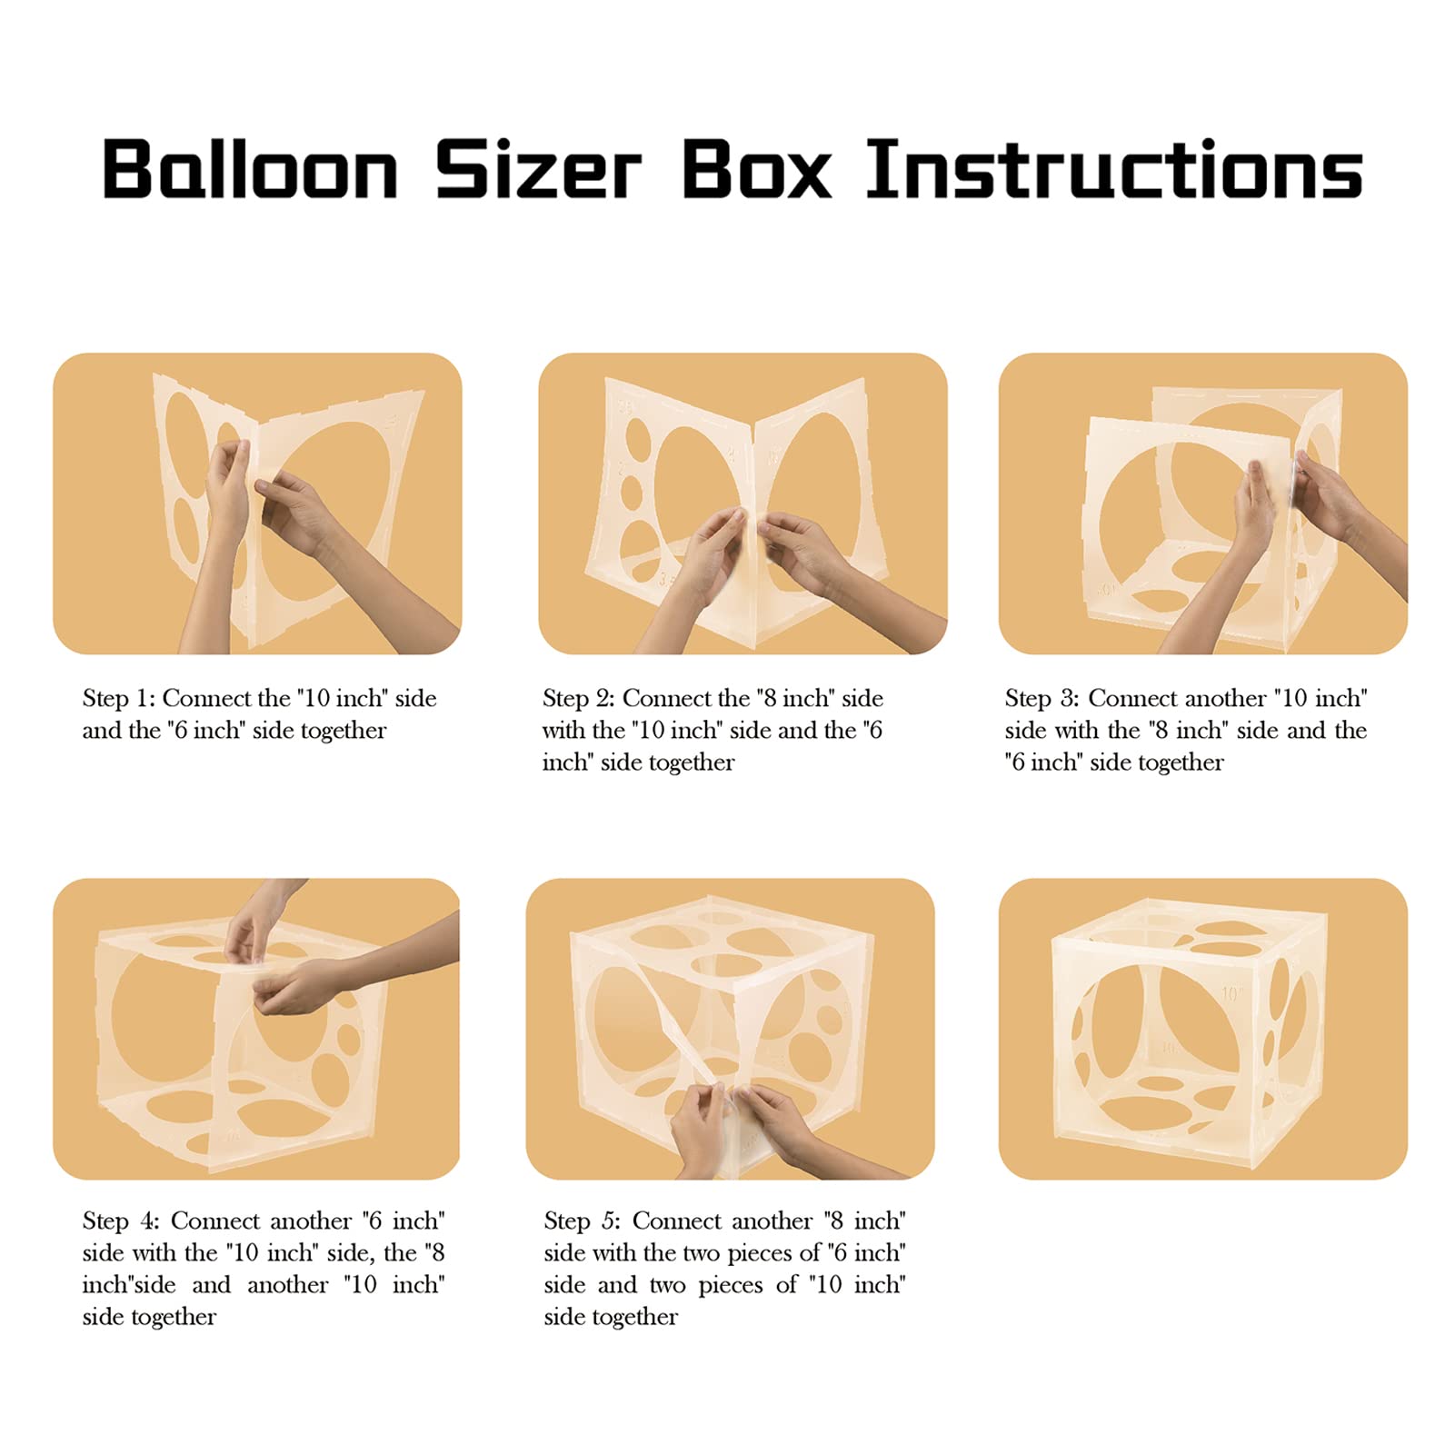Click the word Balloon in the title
click(x=251, y=168)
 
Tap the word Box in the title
click(x=756, y=168)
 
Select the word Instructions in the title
click(x=1114, y=168)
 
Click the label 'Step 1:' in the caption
click(x=119, y=699)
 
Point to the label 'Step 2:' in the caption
click(x=579, y=699)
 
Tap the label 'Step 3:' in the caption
click(x=1041, y=699)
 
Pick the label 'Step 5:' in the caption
click(x=582, y=1221)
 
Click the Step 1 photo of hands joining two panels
click(x=257, y=503)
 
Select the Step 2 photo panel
click(x=742, y=503)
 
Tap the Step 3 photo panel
click(x=1203, y=503)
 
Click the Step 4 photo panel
click(x=256, y=1029)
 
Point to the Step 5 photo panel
click(x=730, y=1029)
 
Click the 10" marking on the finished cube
click(x=1231, y=993)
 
